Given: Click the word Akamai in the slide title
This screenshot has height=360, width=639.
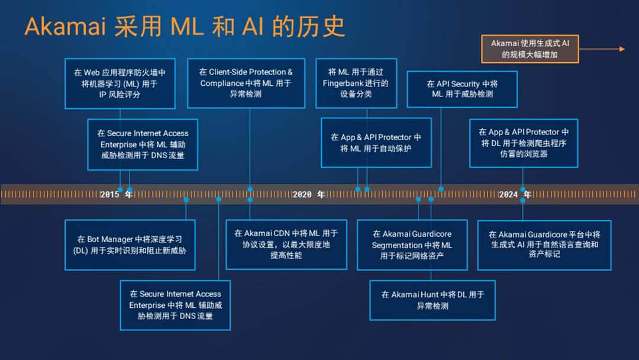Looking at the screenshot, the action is coord(65,27).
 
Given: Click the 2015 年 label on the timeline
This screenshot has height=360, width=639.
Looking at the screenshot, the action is coord(117,194).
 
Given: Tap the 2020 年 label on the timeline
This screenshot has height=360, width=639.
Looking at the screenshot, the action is coord(309,194).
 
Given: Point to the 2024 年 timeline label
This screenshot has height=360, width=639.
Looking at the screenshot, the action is coord(515,194).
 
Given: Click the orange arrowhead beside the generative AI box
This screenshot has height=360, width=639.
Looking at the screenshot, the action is coord(622,49).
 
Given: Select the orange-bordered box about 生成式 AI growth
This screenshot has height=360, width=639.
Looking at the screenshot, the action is coord(530,49).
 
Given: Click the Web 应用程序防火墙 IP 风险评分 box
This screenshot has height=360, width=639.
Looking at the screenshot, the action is coord(120,83).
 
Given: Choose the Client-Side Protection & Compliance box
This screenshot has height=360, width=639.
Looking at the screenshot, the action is coord(246,83).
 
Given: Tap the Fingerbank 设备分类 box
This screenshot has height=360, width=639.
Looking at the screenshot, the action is coord(356,83).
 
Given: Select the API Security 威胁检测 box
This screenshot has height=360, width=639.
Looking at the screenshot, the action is coord(462,89).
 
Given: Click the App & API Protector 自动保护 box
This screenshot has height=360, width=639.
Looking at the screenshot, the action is coord(376,143).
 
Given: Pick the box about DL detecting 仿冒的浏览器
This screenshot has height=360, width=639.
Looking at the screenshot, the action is coord(524,143).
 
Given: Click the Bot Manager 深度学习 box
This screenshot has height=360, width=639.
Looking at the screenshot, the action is coord(130,245).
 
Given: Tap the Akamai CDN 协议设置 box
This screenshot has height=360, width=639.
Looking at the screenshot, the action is coord(286,245).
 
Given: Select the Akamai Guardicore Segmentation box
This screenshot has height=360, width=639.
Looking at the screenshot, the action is coord(412,245).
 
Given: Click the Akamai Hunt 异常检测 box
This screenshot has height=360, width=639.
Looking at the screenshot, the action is coord(433,300).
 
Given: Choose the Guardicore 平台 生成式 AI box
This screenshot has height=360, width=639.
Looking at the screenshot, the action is coord(544,245).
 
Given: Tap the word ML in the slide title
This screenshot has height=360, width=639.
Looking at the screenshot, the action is coord(186,27).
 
